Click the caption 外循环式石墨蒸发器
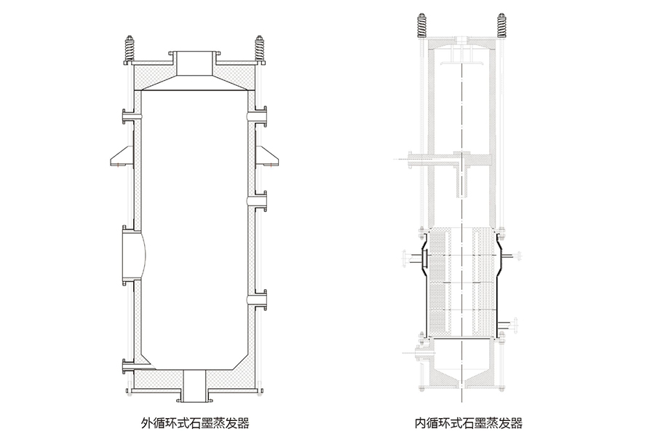(194, 422)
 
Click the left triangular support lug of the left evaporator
(119, 154)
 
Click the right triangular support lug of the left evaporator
(270, 154)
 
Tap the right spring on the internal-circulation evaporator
(502, 25)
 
